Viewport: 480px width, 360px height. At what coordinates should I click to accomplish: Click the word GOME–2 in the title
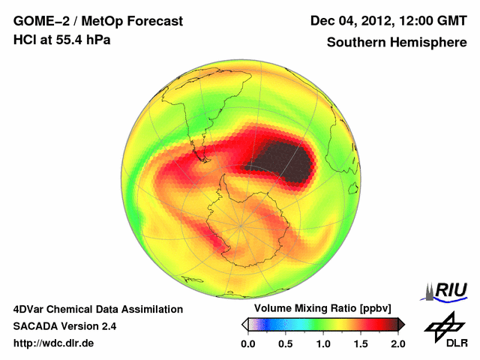[x=37, y=21]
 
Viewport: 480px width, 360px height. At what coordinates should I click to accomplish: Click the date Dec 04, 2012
[x=349, y=21]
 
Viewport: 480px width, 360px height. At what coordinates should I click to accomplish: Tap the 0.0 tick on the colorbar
[x=248, y=343]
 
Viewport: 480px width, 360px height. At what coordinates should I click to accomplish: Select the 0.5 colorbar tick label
[x=286, y=343]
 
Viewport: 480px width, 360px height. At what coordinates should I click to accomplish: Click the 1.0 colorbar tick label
[x=323, y=343]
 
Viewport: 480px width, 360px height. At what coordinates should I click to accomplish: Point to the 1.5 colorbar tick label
[x=361, y=343]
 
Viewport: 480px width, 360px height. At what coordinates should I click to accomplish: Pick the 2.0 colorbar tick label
[x=397, y=343]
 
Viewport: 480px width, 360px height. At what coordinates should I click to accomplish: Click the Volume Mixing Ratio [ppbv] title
[x=319, y=309]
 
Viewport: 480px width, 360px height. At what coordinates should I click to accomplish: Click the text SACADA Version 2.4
[x=64, y=326]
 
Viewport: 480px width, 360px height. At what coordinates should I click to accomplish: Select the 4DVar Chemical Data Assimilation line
[x=97, y=309]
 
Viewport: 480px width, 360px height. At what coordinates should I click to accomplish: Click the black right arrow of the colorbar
[x=401, y=324]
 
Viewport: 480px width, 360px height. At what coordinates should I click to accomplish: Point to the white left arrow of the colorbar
[x=244, y=324]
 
